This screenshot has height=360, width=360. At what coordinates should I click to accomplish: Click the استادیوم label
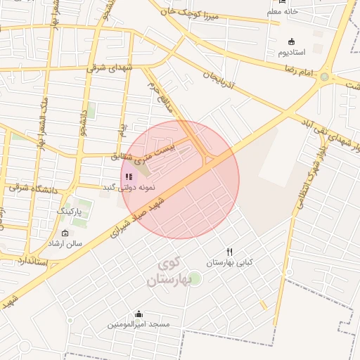tap(292, 53)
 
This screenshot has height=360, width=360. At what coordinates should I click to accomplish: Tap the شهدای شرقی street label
tap(109, 68)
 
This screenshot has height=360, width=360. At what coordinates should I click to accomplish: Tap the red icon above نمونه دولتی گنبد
tap(128, 176)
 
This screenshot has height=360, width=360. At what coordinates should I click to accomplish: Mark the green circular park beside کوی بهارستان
tap(195, 278)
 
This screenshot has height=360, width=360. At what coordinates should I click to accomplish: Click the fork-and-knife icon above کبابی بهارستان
tap(229, 252)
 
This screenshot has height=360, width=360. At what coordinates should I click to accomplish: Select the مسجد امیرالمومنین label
tap(139, 324)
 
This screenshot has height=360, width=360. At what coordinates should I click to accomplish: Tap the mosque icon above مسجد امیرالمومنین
tap(139, 314)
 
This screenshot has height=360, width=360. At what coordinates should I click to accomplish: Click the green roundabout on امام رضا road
tap(324, 77)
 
